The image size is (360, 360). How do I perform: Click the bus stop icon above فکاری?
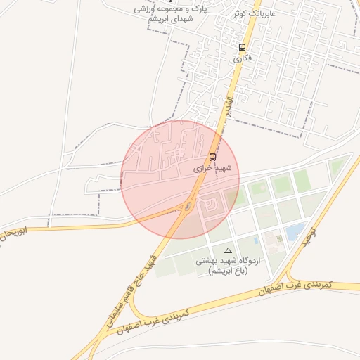click(x=242, y=48)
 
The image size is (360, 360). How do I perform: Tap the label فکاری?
click(x=242, y=58)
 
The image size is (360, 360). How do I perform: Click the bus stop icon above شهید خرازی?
click(x=212, y=157)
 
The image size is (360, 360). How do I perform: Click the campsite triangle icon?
click(x=227, y=250)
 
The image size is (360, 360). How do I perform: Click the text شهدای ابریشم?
click(x=171, y=19)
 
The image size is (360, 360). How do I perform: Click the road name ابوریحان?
click(x=15, y=232)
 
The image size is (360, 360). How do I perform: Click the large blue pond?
click(x=296, y=231)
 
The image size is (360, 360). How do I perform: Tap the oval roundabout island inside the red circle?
click(x=187, y=206)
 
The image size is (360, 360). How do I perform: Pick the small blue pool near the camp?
click(x=256, y=240)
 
